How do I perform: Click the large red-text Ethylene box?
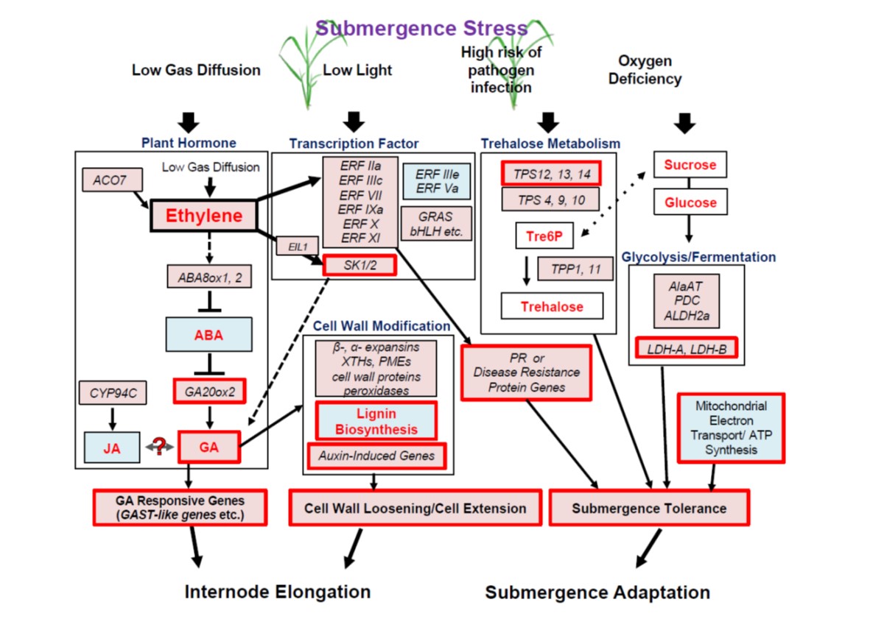[203, 216]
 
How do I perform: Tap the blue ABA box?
[208, 335]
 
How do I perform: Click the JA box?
[111, 448]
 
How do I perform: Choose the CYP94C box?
[113, 393]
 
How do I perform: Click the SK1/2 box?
[360, 265]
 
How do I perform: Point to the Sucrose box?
[690, 165]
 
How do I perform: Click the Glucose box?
[690, 202]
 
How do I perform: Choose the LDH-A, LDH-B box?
[687, 348]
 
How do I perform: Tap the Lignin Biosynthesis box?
[376, 422]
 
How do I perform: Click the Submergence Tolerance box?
[648, 509]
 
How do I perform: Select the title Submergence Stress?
[421, 29]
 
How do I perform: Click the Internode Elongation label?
[277, 592]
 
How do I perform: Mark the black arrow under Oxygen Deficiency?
[685, 123]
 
